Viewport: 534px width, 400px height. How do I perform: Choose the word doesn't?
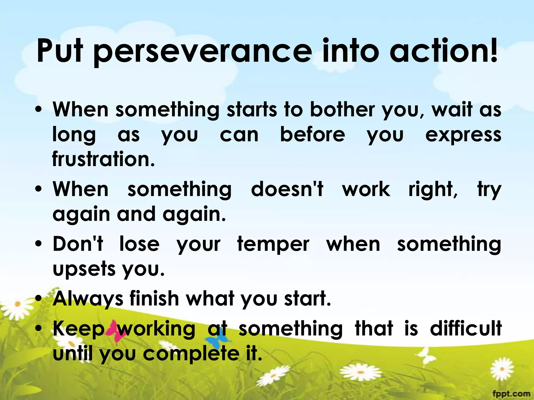[287, 189]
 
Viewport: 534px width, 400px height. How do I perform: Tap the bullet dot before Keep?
[39, 329]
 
